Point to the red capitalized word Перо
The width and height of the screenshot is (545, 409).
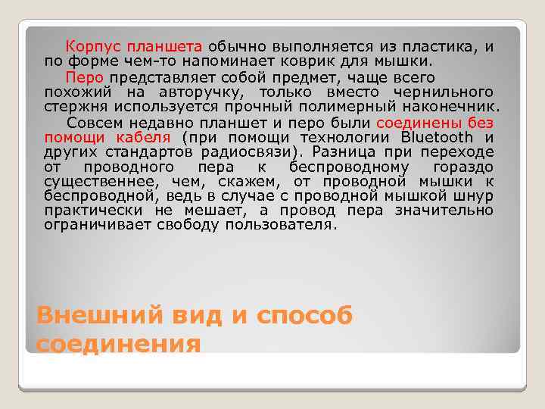coord(81,77)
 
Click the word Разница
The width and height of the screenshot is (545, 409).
coord(348,151)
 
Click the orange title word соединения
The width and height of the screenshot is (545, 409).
coord(119,345)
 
